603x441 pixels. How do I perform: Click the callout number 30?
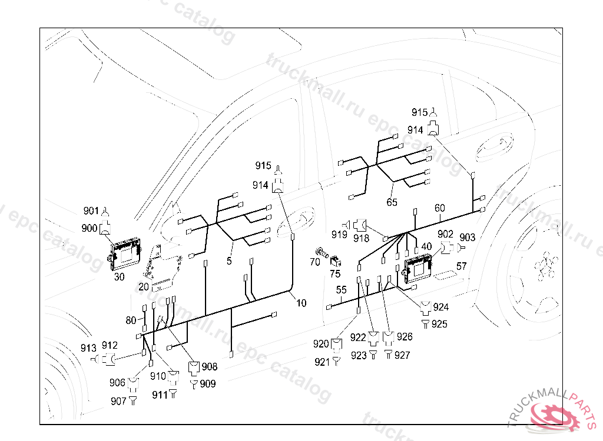coord(119,276)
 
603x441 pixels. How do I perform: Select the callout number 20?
coord(143,286)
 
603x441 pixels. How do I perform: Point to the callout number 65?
coord(392,202)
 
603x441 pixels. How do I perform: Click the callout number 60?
coord(440,208)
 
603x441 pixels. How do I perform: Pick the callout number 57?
coord(461,266)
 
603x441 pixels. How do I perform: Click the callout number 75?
coord(335,273)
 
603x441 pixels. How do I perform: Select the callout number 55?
coord(342,289)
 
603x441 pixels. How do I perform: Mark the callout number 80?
coord(131,320)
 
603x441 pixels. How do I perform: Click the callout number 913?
coord(88,347)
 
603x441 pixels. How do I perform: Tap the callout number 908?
coord(208,367)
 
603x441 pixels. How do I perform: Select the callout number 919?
coord(339,235)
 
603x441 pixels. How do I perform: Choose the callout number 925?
coord(439,324)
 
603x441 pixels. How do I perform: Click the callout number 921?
coord(322,362)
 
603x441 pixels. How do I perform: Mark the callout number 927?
coord(402,355)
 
